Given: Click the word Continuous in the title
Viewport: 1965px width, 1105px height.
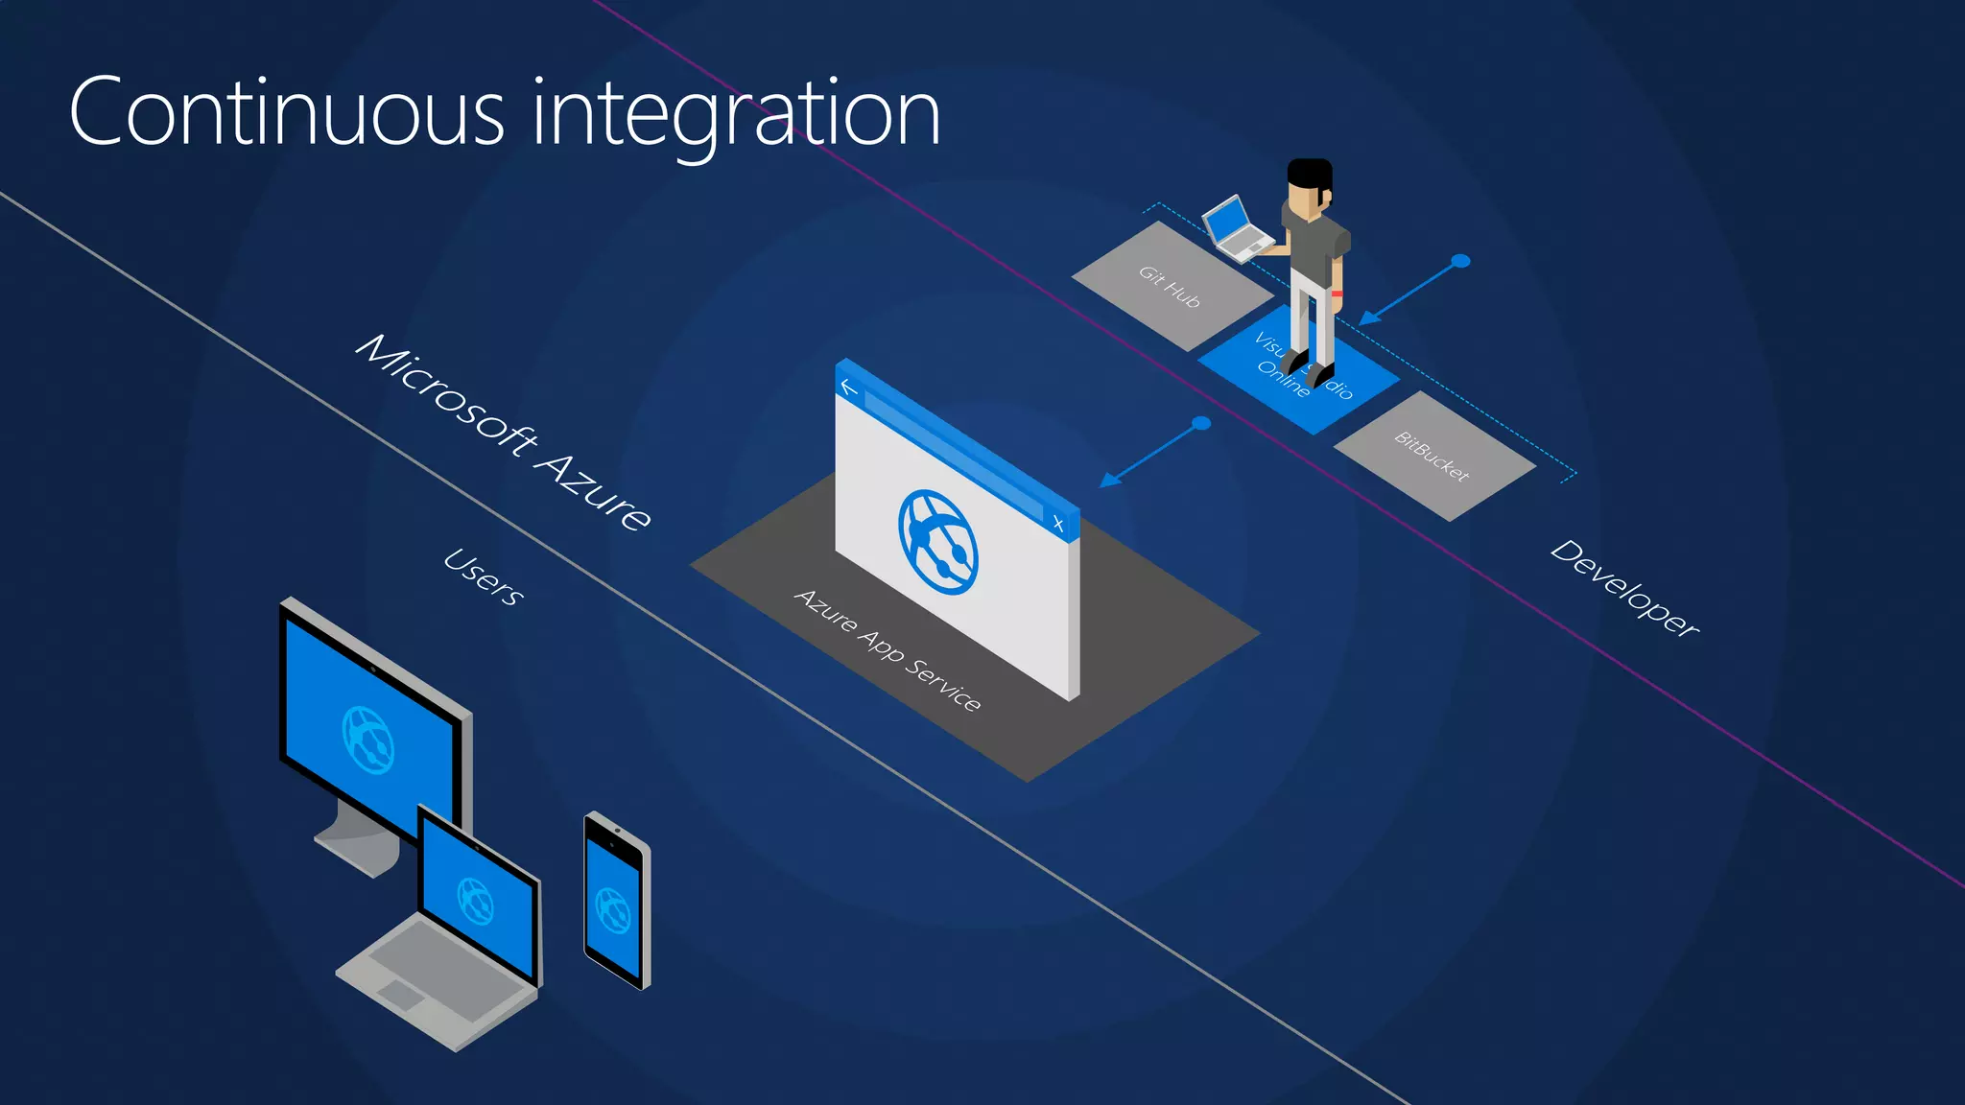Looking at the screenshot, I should (x=286, y=113).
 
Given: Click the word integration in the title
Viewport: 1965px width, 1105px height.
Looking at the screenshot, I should (x=736, y=115).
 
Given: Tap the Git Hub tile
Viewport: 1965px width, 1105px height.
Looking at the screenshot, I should (x=1170, y=286).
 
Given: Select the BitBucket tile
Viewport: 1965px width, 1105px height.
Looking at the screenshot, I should (x=1432, y=456).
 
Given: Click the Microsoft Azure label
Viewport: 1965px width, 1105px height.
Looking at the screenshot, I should (x=505, y=433).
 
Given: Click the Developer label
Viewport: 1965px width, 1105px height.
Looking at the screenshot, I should (x=1624, y=588).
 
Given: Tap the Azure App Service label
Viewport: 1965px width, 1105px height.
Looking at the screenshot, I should (x=888, y=650).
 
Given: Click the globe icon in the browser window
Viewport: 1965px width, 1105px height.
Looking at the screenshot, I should (x=937, y=542).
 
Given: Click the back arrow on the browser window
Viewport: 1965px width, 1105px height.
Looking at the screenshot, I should (x=848, y=388).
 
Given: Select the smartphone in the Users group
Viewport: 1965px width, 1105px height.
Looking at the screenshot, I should (x=616, y=902).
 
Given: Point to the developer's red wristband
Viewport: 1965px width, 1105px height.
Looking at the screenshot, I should (x=1337, y=293).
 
